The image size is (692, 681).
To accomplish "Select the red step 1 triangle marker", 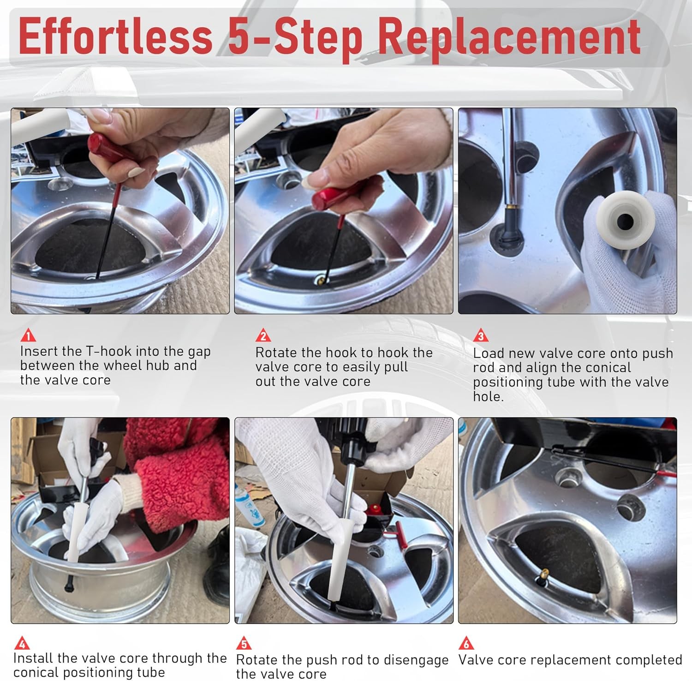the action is click(28, 335).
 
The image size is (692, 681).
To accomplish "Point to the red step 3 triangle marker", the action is click(481, 335).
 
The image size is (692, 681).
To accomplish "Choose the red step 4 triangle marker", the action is click(22, 643).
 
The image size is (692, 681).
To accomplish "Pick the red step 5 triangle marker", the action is click(244, 643).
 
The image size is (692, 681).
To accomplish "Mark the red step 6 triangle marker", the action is click(466, 643).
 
